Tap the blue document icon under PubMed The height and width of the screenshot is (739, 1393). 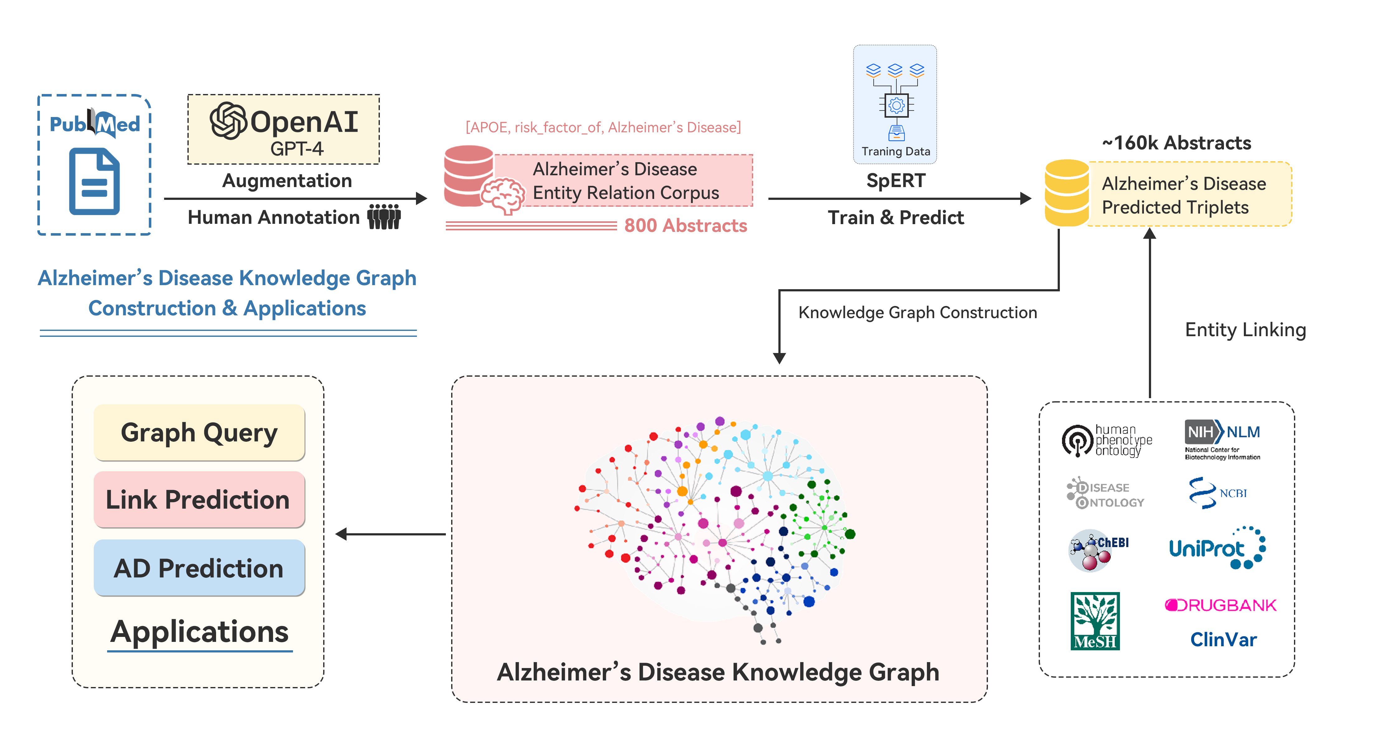94,182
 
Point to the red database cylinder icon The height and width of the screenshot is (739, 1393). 468,175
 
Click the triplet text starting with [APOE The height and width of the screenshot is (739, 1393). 603,128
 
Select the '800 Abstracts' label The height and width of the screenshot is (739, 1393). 685,225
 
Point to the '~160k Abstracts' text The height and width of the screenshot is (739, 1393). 1177,143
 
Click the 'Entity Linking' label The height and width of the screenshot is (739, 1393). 1245,330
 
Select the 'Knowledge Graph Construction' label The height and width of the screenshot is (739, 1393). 917,313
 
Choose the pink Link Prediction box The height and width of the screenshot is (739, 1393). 199,499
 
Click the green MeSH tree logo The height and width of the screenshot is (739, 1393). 1095,621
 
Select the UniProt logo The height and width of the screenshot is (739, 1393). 1217,548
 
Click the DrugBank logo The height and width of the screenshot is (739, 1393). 1221,605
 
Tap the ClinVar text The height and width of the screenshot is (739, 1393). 1223,639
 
